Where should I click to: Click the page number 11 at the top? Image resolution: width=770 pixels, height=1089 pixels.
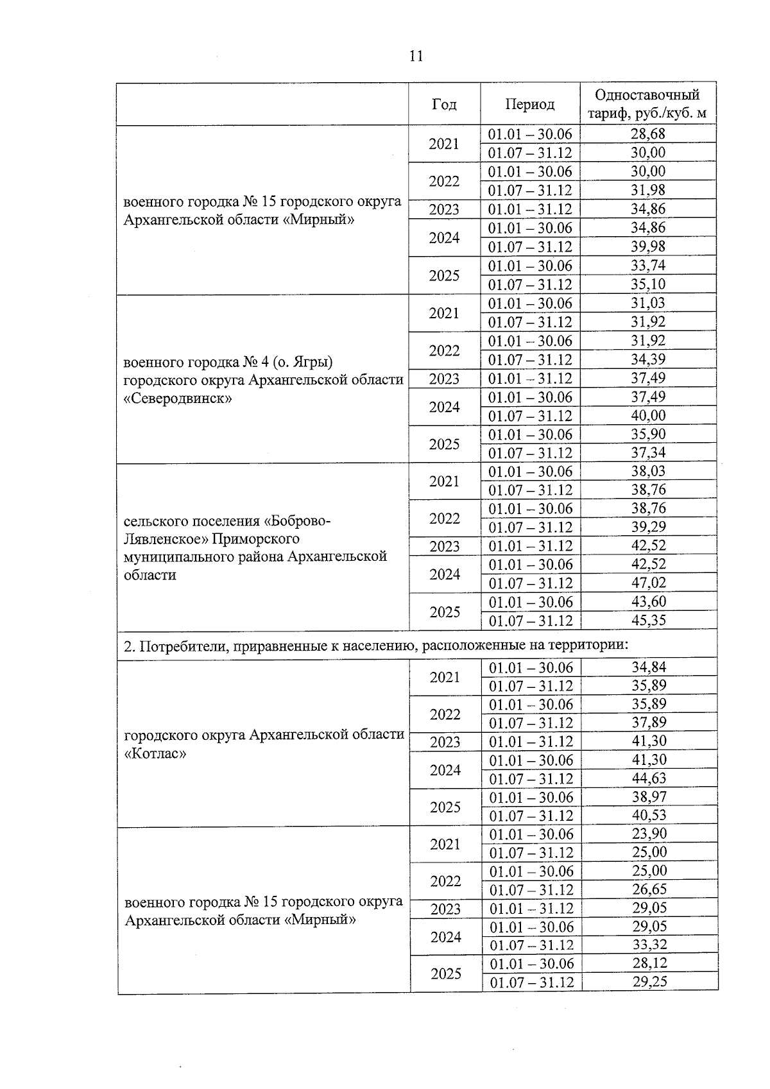tap(416, 56)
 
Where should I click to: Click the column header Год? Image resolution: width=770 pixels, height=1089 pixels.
tap(444, 104)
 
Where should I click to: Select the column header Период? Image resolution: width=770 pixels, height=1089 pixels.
tap(529, 104)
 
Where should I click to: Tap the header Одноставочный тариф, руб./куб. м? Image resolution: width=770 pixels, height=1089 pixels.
tap(647, 105)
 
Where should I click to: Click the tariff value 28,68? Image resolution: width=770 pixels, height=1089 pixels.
tap(648, 134)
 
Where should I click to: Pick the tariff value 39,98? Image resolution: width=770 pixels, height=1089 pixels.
tap(648, 246)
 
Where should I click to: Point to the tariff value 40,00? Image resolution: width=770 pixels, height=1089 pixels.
tap(648, 415)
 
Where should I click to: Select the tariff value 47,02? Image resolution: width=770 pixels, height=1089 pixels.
tap(648, 583)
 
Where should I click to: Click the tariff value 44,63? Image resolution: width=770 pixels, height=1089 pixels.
tap(649, 778)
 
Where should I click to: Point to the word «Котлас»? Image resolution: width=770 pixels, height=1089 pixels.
tap(155, 753)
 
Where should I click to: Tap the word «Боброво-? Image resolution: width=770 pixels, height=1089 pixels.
tap(297, 520)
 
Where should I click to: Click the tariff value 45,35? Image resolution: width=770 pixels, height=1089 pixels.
tap(648, 620)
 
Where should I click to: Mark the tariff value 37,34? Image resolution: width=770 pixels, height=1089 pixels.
tap(648, 452)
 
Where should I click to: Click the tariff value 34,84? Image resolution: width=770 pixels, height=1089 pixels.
tap(649, 667)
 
